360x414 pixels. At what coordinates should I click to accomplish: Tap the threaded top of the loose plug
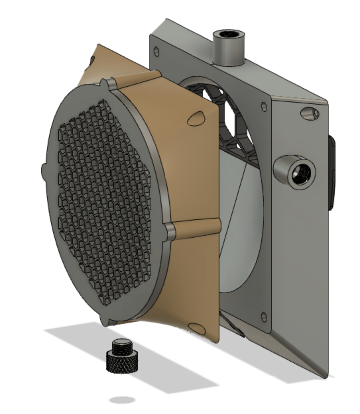point(123,346)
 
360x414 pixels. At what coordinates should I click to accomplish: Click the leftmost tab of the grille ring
point(44,170)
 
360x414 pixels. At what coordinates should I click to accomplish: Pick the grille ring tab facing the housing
point(170,231)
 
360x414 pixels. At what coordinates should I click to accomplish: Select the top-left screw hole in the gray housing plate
point(157,51)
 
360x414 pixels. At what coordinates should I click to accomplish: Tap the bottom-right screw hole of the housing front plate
point(264,315)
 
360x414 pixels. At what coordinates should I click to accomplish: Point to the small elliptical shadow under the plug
point(123,400)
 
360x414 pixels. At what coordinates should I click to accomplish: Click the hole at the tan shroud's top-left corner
point(91,60)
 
